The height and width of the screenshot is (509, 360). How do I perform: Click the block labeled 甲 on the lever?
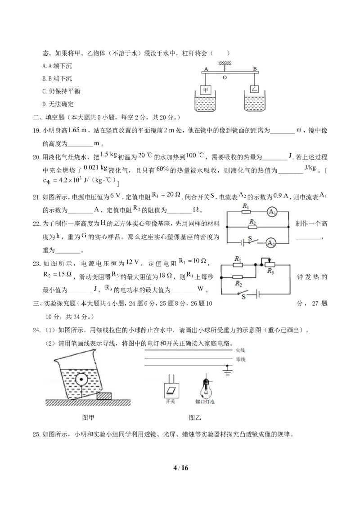pos(206,89)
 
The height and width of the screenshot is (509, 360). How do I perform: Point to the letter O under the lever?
pos(225,77)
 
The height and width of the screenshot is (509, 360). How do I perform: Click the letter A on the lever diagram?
pos(206,69)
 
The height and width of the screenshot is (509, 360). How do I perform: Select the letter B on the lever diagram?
pos(255,69)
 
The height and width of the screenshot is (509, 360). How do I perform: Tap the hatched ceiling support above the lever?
pos(225,62)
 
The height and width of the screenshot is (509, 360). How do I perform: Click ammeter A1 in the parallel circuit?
pos(271,211)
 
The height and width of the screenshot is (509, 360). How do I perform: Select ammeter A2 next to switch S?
pos(270,243)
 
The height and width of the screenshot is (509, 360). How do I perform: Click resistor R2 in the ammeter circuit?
pos(252,227)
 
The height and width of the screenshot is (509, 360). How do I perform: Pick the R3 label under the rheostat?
pos(270,271)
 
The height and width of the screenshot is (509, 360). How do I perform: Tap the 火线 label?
pos(240,350)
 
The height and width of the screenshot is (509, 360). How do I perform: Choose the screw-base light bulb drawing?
pos(205,386)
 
